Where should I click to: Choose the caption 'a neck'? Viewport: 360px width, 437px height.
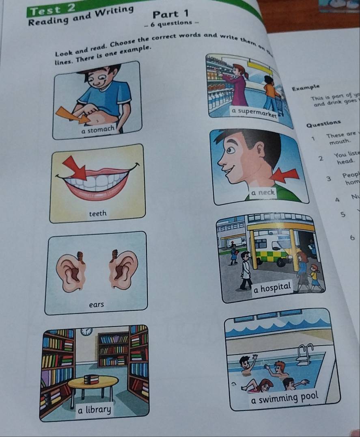[263, 192]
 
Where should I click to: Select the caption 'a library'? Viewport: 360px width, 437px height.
[94, 409]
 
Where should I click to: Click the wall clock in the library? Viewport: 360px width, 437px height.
[86, 331]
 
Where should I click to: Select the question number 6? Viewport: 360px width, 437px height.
[352, 238]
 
